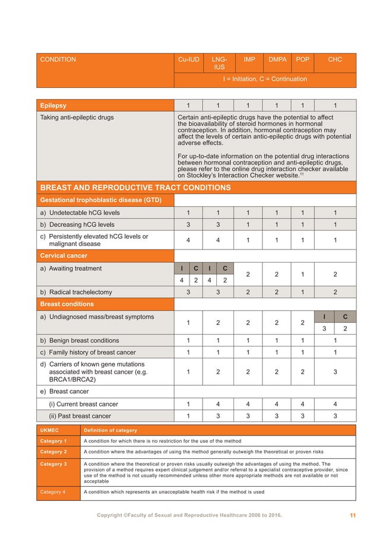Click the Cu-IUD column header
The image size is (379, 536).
tap(188, 60)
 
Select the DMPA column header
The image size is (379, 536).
tap(277, 60)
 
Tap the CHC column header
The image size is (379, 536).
tap(334, 60)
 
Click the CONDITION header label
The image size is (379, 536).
tap(58, 60)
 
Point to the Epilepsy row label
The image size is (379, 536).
tap(53, 106)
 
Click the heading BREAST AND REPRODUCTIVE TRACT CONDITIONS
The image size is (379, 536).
tap(135, 188)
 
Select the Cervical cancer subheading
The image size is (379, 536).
tap(64, 256)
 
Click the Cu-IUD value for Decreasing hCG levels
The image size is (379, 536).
tap(188, 225)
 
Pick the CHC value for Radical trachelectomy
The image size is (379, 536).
tap(334, 292)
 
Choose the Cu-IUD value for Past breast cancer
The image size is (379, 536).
tap(188, 416)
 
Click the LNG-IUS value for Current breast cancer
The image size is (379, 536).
tap(218, 404)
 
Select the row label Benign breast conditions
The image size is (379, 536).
tap(80, 340)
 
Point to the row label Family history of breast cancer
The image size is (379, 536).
tap(88, 352)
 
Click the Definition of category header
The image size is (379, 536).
tap(110, 430)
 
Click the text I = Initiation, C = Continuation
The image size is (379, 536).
tap(265, 79)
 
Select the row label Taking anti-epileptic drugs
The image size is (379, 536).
tap(77, 118)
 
